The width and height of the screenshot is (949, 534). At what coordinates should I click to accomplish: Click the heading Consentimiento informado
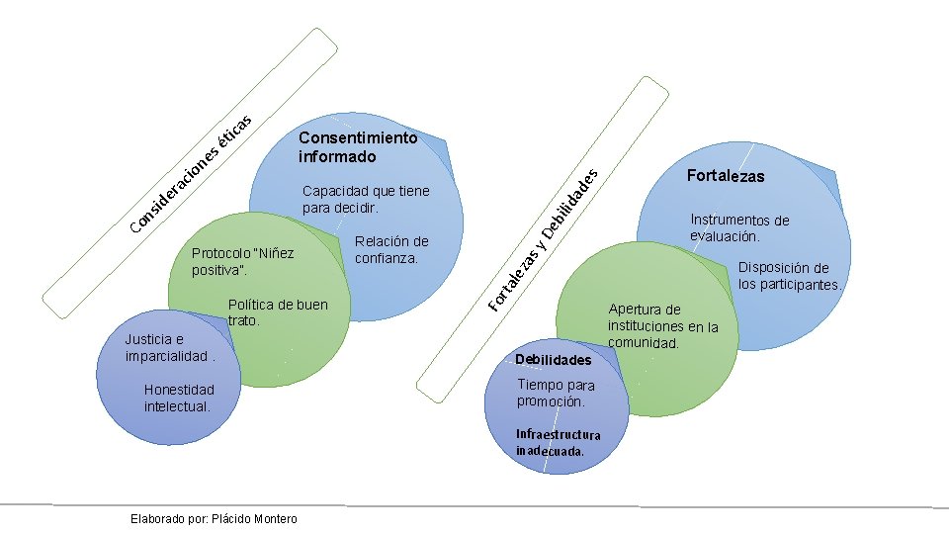[357, 147]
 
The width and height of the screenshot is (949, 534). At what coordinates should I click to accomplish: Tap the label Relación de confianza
[390, 250]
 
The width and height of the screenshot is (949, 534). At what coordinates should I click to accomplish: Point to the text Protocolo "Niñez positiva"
[242, 261]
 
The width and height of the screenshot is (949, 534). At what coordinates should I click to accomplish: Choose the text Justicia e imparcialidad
[167, 347]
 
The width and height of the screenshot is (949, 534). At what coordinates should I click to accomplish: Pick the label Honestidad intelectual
[178, 398]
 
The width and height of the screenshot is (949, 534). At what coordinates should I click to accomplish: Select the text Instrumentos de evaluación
[739, 228]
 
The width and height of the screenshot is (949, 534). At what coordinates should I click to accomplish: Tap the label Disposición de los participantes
[789, 276]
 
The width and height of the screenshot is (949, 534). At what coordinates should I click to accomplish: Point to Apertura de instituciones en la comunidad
[662, 326]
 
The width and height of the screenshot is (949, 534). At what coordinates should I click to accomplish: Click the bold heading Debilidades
[553, 360]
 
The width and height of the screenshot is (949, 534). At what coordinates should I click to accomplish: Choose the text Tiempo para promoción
[555, 393]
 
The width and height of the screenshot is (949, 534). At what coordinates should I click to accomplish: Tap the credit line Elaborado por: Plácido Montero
[213, 519]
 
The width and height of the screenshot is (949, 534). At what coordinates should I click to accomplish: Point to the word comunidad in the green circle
[644, 343]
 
